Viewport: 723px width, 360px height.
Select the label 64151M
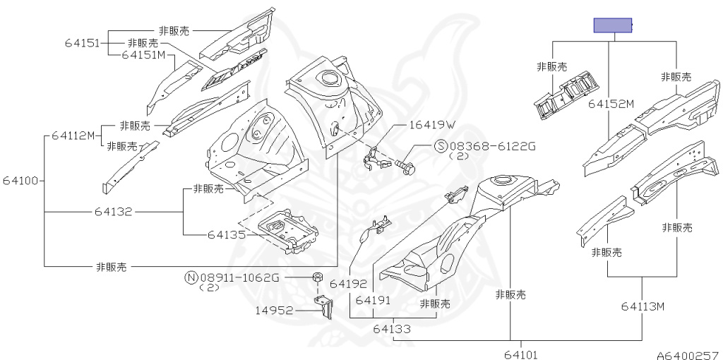click(143, 54)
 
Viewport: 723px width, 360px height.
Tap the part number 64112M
click(73, 136)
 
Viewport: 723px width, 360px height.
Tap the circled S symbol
click(441, 146)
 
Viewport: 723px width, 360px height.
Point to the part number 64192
click(349, 284)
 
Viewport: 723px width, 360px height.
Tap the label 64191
click(373, 300)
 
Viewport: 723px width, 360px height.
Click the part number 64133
click(393, 328)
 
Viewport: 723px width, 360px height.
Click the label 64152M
click(611, 104)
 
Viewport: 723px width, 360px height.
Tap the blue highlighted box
click(611, 26)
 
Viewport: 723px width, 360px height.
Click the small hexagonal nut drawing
click(318, 277)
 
